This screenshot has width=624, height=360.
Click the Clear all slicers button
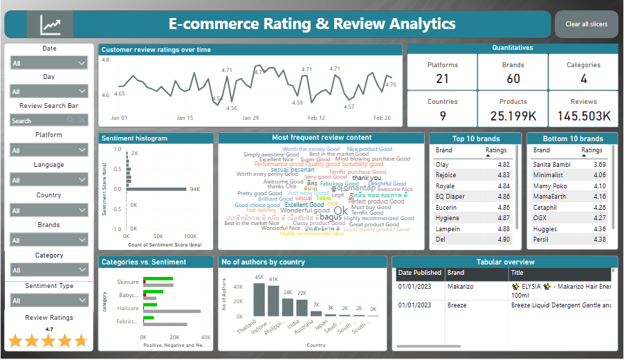pyautogui.click(x=586, y=24)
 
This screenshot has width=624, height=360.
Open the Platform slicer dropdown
pyautogui.click(x=49, y=150)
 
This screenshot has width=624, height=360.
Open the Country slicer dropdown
pyautogui.click(x=49, y=210)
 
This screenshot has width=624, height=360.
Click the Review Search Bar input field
pyautogui.click(x=42, y=120)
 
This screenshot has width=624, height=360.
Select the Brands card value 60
pyautogui.click(x=513, y=79)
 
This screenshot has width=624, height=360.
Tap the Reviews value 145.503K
pyautogui.click(x=583, y=116)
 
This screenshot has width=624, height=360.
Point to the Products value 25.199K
pyautogui.click(x=513, y=116)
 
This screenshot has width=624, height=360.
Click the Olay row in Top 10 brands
pyautogui.click(x=442, y=165)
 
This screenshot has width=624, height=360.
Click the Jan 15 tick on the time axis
pyautogui.click(x=185, y=118)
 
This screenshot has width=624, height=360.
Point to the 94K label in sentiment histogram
pyautogui.click(x=194, y=189)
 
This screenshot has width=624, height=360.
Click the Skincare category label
pyautogui.click(x=127, y=282)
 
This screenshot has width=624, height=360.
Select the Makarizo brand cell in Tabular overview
pyautogui.click(x=460, y=287)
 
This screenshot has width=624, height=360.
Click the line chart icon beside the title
pyautogui.click(x=50, y=25)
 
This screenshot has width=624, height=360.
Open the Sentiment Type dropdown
pyautogui.click(x=49, y=300)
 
